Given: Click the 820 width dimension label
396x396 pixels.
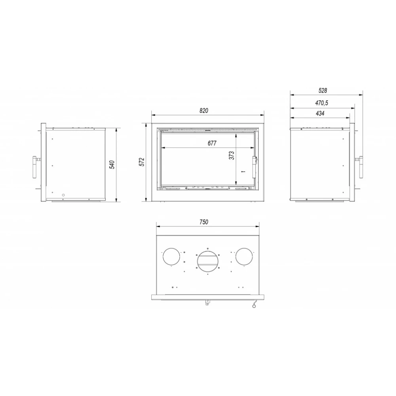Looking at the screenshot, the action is (x=204, y=110).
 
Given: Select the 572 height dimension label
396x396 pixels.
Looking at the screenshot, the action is (x=142, y=162).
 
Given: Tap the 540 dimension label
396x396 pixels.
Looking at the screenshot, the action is (x=112, y=165).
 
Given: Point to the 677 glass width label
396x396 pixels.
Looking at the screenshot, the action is (x=212, y=143).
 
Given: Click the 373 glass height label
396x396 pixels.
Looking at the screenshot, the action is (x=232, y=155).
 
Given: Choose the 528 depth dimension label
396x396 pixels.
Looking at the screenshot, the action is (x=323, y=90).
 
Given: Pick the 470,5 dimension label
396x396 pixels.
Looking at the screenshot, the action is (x=322, y=103).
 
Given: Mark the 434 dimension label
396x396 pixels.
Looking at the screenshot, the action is (x=320, y=113).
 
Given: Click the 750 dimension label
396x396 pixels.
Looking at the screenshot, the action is (x=204, y=222).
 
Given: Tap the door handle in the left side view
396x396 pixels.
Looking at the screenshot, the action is (x=34, y=167).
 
